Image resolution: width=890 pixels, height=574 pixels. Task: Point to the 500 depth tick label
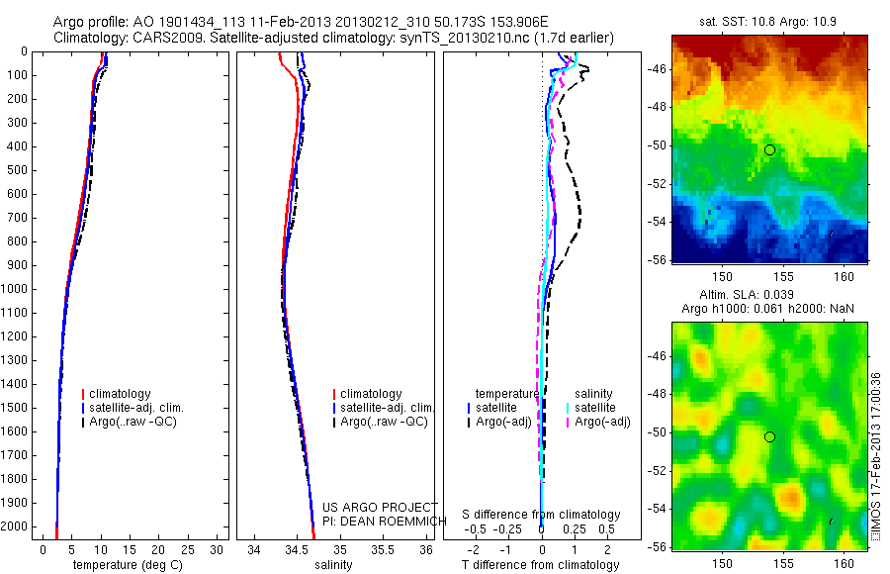(17, 170)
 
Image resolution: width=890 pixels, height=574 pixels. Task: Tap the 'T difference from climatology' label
(540, 565)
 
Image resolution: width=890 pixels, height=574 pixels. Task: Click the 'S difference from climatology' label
(541, 515)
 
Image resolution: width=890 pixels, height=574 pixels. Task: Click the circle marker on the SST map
(769, 149)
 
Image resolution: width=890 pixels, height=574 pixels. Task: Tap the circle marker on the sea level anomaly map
(769, 436)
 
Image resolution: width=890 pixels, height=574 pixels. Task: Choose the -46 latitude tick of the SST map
(657, 69)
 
